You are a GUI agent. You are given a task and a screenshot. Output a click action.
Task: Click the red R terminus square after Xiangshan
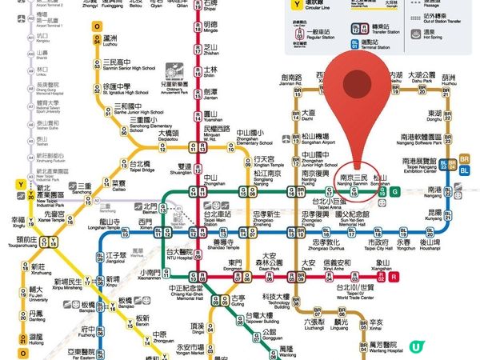(394, 277)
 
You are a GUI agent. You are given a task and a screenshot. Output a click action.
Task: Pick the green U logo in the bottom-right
(416, 346)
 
